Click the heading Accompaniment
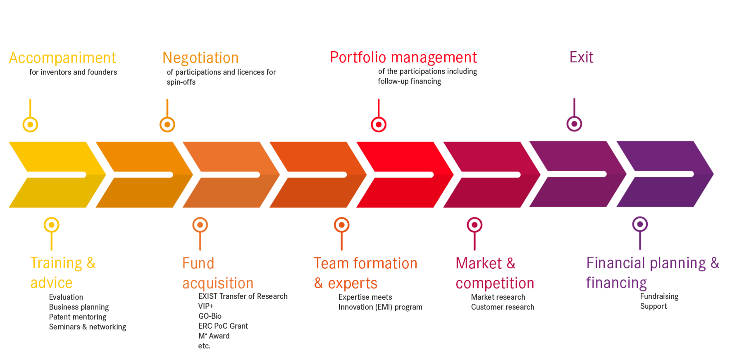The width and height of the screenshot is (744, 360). click(x=62, y=58)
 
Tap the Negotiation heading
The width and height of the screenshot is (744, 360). click(x=200, y=58)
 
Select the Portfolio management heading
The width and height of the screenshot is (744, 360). click(x=403, y=57)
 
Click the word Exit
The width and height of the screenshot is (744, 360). click(x=581, y=57)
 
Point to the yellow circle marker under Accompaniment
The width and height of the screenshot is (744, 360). click(x=30, y=124)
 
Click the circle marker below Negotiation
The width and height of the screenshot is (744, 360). click(x=167, y=124)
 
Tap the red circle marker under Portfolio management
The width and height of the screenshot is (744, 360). click(x=378, y=124)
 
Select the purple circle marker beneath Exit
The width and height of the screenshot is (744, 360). click(x=574, y=123)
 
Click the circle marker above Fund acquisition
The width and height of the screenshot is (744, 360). click(x=200, y=225)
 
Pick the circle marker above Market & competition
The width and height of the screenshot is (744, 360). click(x=474, y=225)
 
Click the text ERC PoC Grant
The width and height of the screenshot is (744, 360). click(x=223, y=326)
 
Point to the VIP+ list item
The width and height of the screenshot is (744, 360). click(x=206, y=306)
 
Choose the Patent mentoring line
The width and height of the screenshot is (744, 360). click(x=77, y=317)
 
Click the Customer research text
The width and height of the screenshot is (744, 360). click(x=502, y=307)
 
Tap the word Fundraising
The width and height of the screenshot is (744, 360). click(x=659, y=296)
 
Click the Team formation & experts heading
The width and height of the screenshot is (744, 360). click(x=365, y=273)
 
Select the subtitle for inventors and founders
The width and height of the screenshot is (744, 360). click(x=73, y=72)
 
